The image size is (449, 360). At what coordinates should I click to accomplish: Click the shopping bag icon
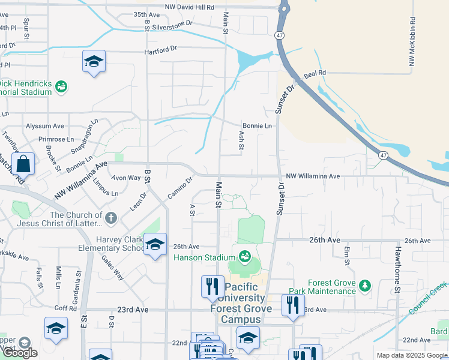click(23, 163)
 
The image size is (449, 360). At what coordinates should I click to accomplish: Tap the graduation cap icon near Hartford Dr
click(94, 62)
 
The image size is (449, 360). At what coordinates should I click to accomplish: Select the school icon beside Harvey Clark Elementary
click(155, 245)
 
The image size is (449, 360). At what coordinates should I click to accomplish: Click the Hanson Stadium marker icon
click(245, 257)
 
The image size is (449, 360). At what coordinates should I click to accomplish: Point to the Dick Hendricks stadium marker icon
click(61, 88)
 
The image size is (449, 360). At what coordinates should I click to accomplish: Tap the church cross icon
click(110, 219)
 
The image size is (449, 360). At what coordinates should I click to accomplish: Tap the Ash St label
click(241, 140)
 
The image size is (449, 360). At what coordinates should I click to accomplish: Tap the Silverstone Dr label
click(172, 22)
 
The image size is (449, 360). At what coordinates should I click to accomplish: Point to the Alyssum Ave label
click(44, 126)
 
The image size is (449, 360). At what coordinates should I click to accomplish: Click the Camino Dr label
click(179, 188)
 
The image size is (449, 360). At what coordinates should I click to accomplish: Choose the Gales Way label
click(112, 266)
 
